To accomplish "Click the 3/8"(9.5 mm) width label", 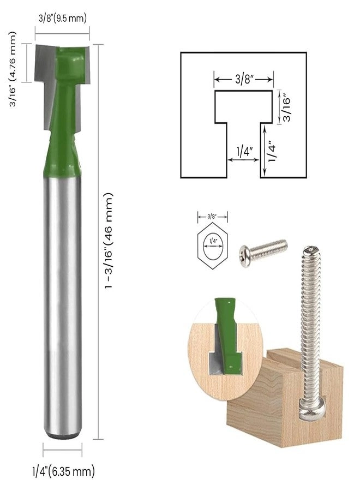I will click(62, 18).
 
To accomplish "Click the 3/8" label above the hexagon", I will click(212, 216).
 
